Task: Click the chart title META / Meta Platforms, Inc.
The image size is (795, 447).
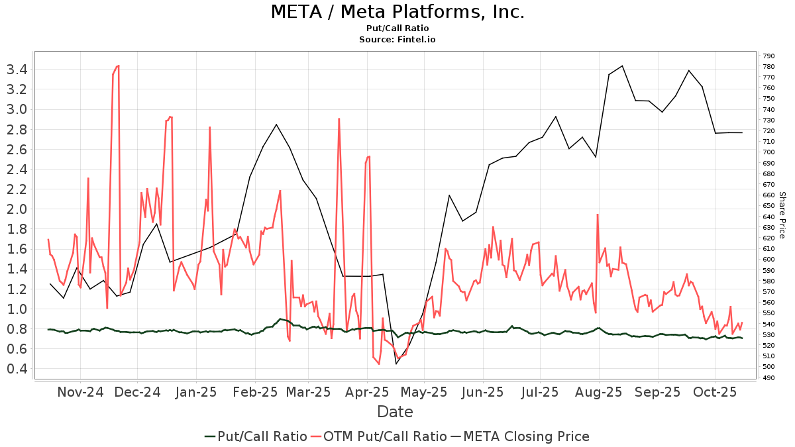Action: (397, 12)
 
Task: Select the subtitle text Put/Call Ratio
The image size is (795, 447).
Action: (397, 28)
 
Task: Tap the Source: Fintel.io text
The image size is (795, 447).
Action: (397, 40)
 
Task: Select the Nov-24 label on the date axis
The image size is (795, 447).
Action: (81, 392)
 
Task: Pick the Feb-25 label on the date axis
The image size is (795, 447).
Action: (256, 392)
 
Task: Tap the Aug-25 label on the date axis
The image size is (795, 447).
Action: (599, 392)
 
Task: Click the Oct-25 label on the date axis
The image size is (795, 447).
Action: (715, 392)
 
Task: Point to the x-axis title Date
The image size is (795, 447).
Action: (395, 412)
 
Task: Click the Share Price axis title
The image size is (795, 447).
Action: (782, 215)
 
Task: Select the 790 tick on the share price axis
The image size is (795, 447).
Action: (769, 56)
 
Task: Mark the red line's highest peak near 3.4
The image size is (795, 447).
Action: (117, 66)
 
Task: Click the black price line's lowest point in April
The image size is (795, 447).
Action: (396, 364)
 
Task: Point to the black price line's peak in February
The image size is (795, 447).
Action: (276, 124)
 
